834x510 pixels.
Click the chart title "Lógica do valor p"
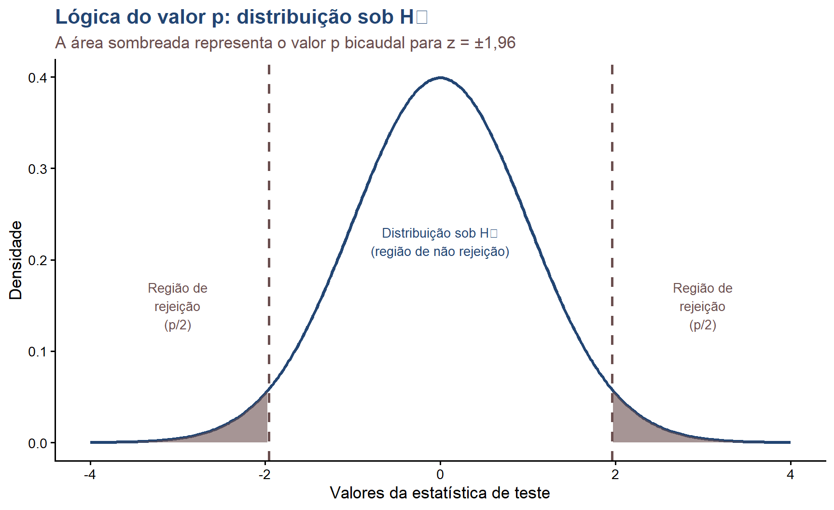click(x=241, y=17)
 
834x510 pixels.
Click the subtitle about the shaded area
click(x=285, y=43)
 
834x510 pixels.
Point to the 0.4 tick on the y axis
click(x=37, y=78)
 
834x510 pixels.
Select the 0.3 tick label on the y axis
click(x=37, y=169)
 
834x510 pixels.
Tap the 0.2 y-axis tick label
click(x=37, y=260)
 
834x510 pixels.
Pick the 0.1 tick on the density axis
click(x=37, y=352)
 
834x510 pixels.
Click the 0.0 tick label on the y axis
click(x=37, y=443)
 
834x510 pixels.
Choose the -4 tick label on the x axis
click(x=90, y=474)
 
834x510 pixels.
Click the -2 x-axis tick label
click(x=264, y=474)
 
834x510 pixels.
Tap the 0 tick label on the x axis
click(x=440, y=474)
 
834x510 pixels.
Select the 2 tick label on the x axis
click(x=615, y=474)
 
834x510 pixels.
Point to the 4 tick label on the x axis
click(x=790, y=474)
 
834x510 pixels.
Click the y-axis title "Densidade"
click(x=16, y=260)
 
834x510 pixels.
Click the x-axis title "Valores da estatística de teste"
click(x=440, y=493)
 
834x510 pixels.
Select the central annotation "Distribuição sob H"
click(x=440, y=233)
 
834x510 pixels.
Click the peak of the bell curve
click(x=440, y=77)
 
